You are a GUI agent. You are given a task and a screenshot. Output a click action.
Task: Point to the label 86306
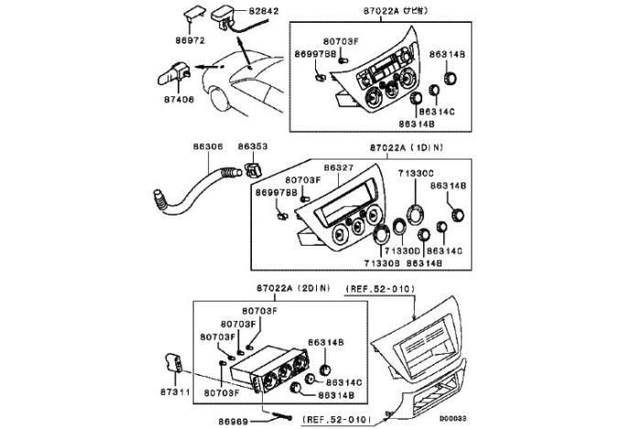pyautogui.click(x=208, y=147)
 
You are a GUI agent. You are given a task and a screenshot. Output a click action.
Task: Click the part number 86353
pyautogui.click(x=254, y=147)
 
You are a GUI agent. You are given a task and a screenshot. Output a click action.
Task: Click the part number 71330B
pyautogui.click(x=382, y=263)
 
